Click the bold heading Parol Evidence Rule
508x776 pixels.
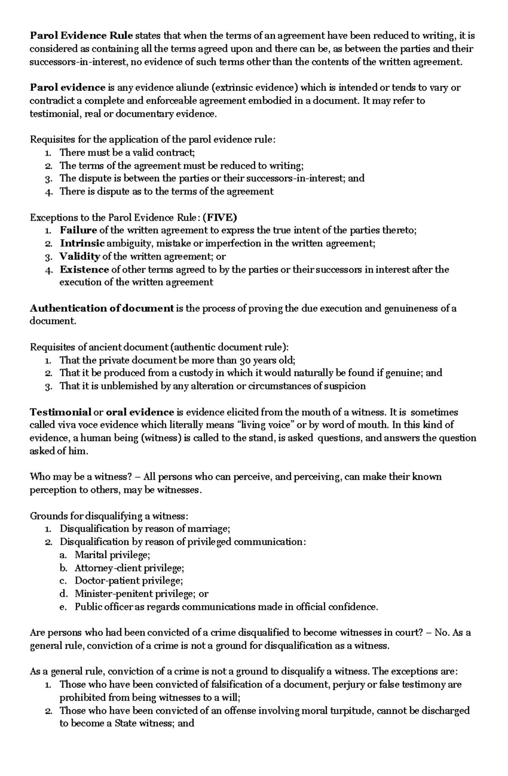(81, 36)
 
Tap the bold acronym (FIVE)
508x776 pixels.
(220, 217)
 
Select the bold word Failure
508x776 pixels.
(78, 230)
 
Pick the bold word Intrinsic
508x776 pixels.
(82, 244)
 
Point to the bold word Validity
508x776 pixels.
(80, 256)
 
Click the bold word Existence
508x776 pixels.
(84, 269)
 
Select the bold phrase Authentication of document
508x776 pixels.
(102, 308)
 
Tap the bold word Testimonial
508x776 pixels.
(61, 412)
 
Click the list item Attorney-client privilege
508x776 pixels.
(129, 568)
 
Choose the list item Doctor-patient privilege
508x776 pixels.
(129, 581)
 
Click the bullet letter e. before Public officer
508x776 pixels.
(63, 607)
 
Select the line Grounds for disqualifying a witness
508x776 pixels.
(108, 516)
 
